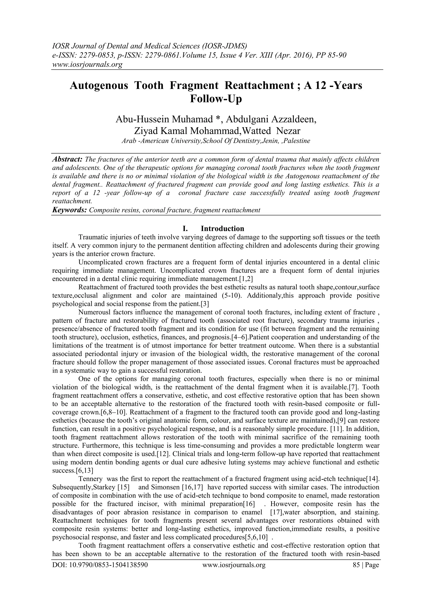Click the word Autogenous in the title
coord(99,86)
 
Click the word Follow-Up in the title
coord(216,99)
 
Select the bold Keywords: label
coord(69,210)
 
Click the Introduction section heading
coord(222,229)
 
